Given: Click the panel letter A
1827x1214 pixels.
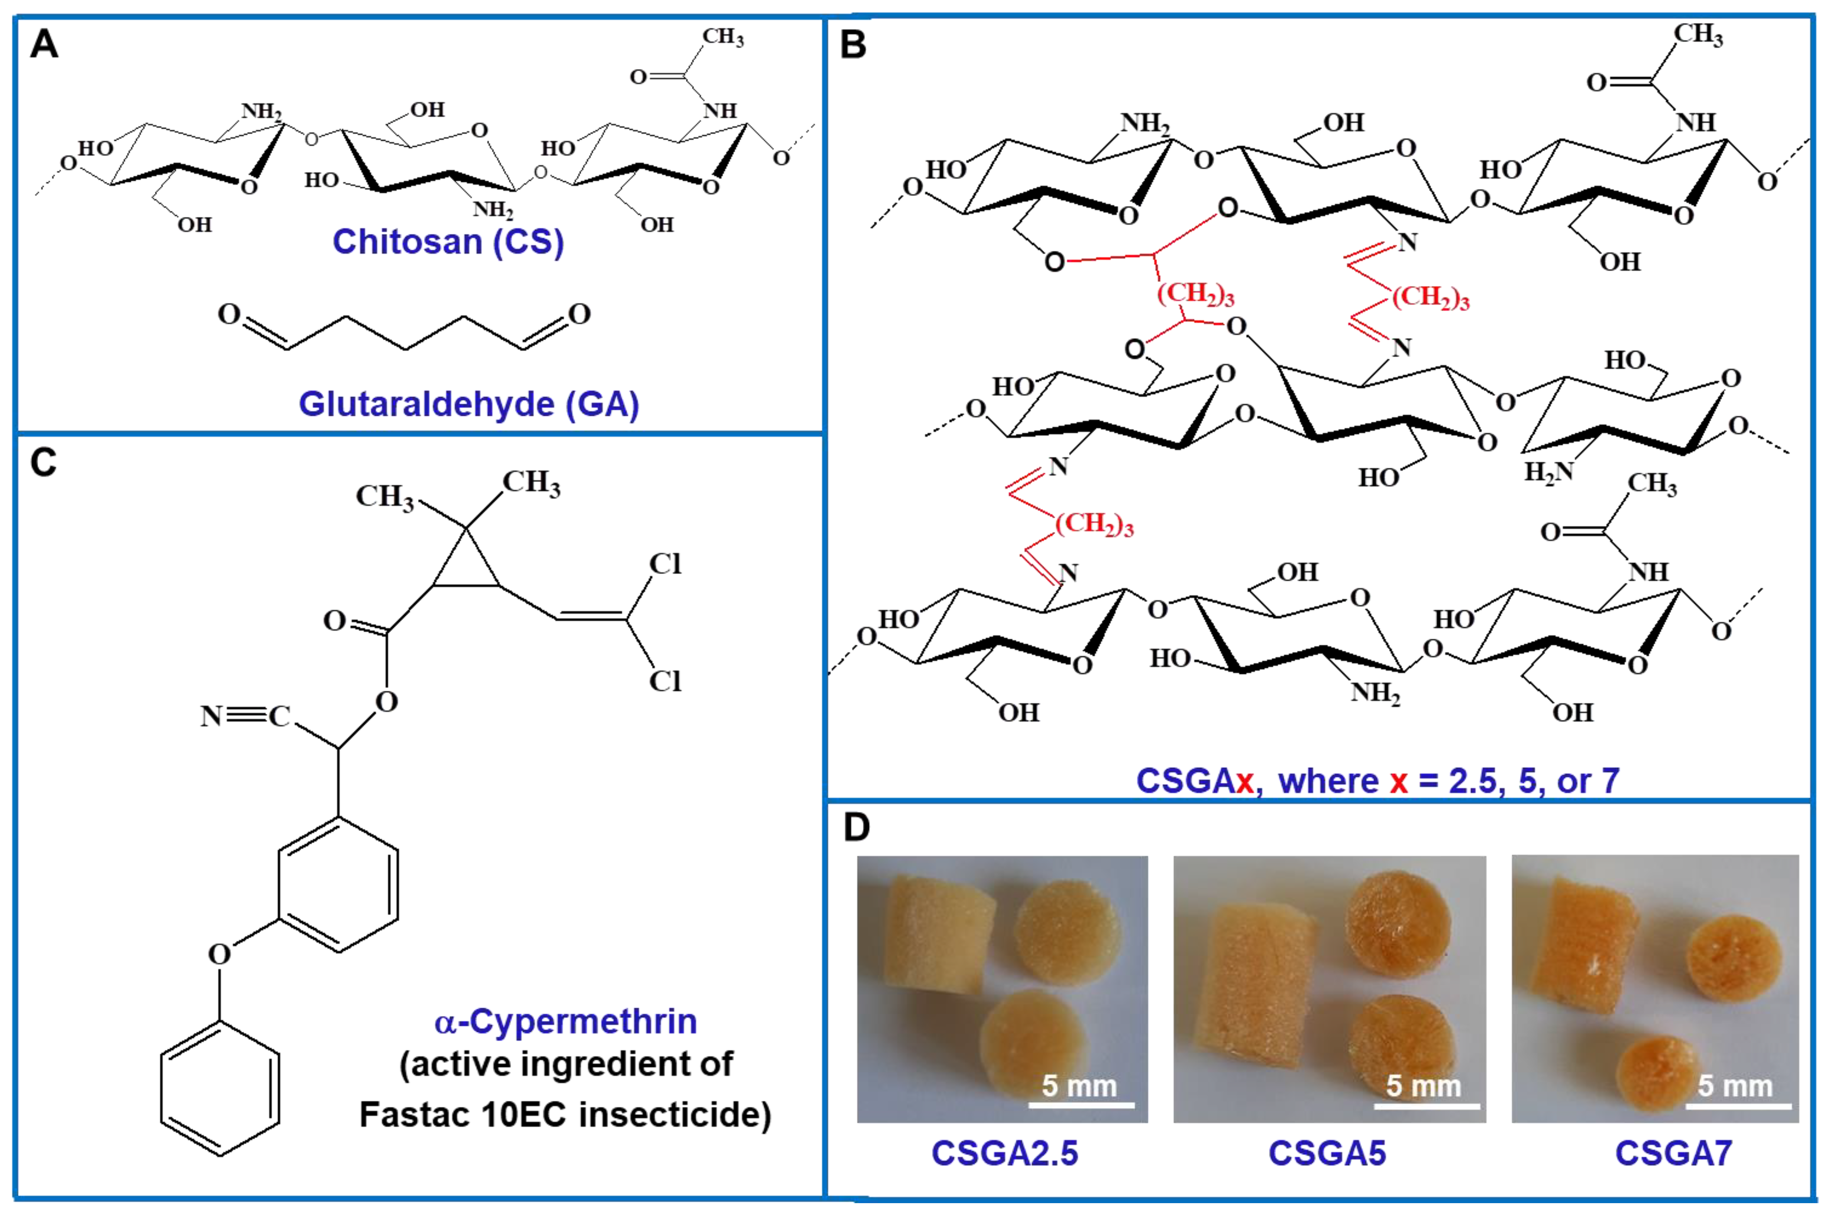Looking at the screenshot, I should pos(44,45).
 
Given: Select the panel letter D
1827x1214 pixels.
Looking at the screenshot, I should pos(856,828).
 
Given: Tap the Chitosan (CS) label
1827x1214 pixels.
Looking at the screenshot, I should pos(448,242).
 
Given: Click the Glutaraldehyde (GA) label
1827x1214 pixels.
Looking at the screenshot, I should pos(468,404).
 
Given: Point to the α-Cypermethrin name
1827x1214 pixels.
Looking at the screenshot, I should pos(565,1022).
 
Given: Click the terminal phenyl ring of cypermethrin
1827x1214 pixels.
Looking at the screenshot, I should pos(220,1088).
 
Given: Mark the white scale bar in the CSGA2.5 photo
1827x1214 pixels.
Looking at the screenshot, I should pos(1081,1105).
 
